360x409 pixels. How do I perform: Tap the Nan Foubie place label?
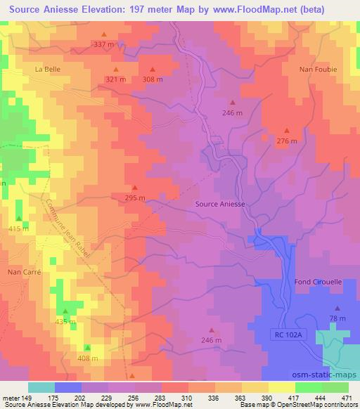click(x=318, y=70)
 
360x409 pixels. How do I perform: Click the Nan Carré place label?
click(x=25, y=271)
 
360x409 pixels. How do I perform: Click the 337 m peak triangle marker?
click(x=104, y=34)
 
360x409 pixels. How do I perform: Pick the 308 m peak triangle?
click(x=153, y=69)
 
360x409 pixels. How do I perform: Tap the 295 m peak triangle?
click(x=135, y=188)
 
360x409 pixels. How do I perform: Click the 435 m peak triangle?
click(x=65, y=311)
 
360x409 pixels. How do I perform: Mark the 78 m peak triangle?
click(x=337, y=308)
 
